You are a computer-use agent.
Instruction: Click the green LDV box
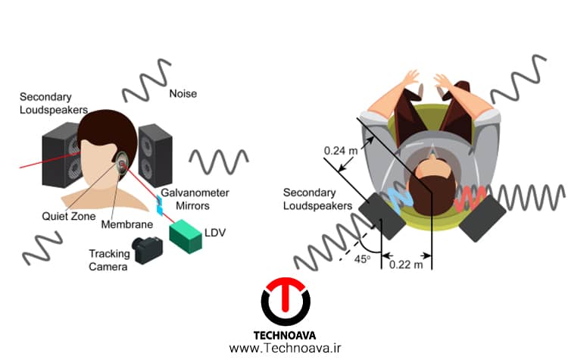(x=186, y=236)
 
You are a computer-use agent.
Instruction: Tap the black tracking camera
(x=147, y=250)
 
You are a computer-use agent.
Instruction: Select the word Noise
(x=183, y=93)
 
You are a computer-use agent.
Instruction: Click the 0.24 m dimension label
(x=340, y=151)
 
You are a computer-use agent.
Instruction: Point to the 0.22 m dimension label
(x=406, y=265)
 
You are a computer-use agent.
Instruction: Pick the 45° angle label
(x=362, y=259)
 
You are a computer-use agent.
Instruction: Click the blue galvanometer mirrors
(x=159, y=205)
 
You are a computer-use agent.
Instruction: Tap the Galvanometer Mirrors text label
(x=195, y=199)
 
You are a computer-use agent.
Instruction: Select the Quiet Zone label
(x=68, y=216)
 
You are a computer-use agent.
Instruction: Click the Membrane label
(x=126, y=224)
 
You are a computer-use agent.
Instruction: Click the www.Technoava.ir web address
(x=285, y=348)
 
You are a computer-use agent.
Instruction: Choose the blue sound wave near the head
(x=400, y=199)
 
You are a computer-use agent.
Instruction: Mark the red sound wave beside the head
(x=470, y=199)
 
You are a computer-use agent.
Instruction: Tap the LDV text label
(x=215, y=233)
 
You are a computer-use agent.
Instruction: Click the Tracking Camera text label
(x=109, y=260)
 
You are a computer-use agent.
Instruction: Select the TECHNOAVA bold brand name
(x=284, y=335)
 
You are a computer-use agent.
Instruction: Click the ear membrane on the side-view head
(x=121, y=163)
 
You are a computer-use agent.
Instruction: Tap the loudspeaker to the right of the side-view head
(x=155, y=155)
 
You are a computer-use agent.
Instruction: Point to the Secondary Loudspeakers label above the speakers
(x=54, y=103)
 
